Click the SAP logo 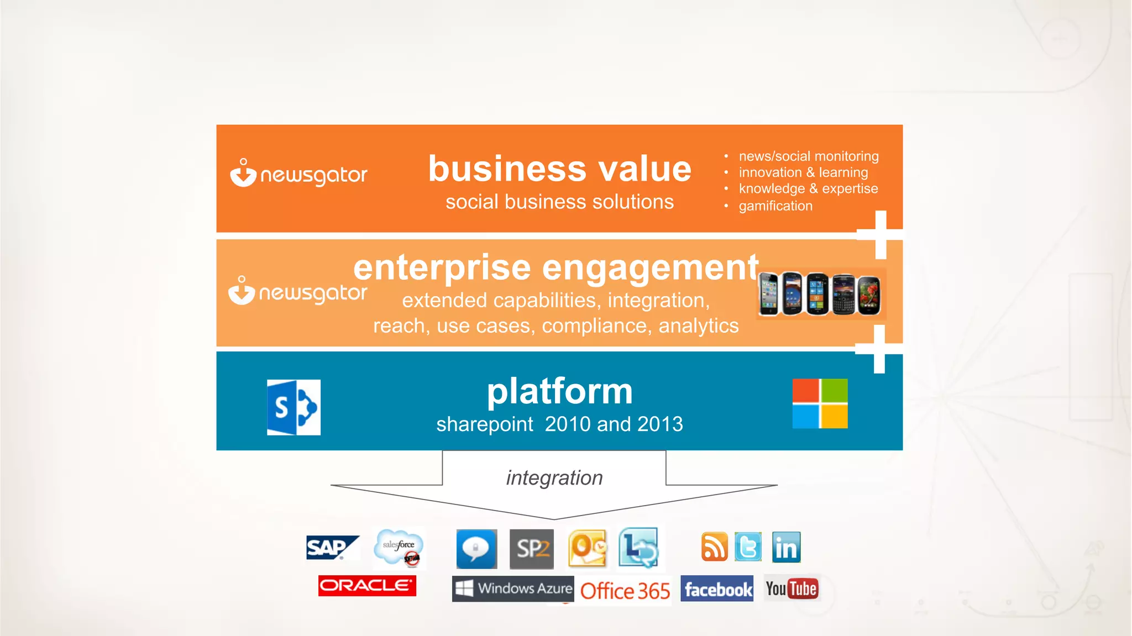332,548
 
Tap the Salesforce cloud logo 399,548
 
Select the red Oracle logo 367,586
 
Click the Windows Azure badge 513,588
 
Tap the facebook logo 717,590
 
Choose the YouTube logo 792,589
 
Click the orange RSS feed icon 715,547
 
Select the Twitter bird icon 748,547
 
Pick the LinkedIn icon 786,548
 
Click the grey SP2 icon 532,549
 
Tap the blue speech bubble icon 476,549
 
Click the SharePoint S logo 294,407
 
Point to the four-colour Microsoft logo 820,403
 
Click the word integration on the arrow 554,478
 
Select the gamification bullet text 775,206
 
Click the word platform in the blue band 559,391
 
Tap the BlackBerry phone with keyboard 843,295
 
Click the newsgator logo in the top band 298,174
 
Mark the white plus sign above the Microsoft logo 879,349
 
